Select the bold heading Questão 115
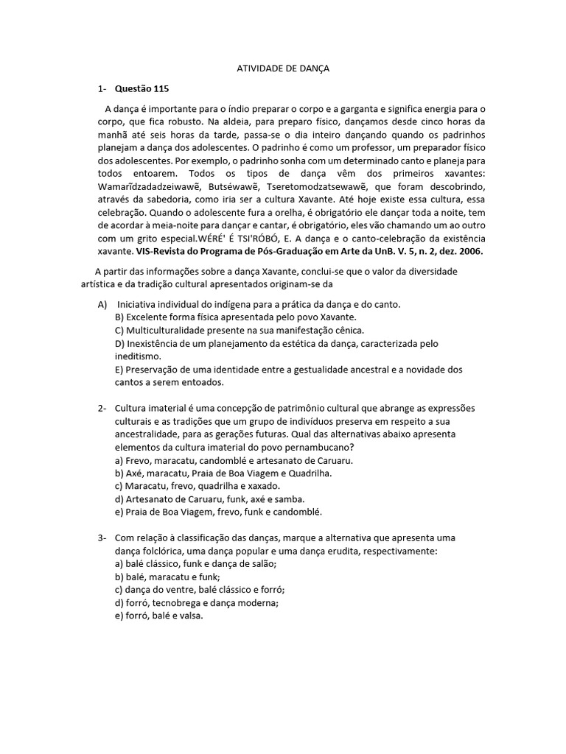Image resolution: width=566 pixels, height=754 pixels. tap(142, 89)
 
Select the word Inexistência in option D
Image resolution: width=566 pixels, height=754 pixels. tap(156, 343)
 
